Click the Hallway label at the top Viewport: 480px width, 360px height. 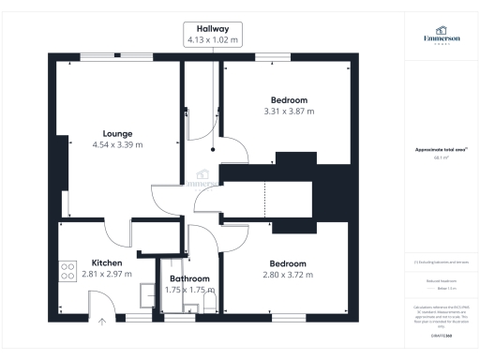pos(213,29)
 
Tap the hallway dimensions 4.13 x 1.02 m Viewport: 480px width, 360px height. pos(213,39)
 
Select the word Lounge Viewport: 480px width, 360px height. pos(117,133)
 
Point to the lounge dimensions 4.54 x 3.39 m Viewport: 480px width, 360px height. pos(117,144)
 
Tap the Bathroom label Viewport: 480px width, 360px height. pos(189,278)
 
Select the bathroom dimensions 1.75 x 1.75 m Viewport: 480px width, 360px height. pos(189,290)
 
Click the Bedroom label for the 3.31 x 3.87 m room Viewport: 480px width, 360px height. pos(288,99)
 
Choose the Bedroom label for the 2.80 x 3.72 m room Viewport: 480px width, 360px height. pos(288,263)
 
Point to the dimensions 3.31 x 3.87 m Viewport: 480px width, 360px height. pos(288,111)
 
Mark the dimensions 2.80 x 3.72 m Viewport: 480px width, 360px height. pos(288,275)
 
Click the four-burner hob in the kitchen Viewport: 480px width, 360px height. pos(68,272)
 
